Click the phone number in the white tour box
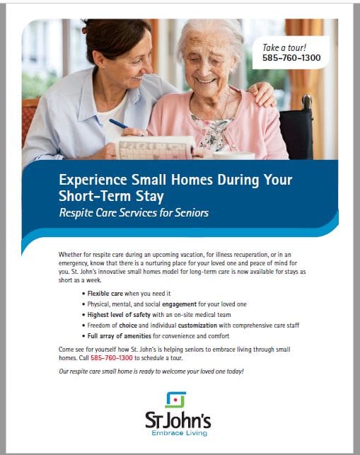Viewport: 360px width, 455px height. click(291, 58)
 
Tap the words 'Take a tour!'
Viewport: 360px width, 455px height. click(284, 47)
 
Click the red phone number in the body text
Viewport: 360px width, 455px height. click(111, 358)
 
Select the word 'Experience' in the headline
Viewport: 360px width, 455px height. click(93, 180)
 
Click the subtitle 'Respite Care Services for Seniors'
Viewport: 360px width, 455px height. click(134, 213)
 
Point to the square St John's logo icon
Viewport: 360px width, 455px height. click(175, 400)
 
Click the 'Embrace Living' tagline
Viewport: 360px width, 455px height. click(179, 433)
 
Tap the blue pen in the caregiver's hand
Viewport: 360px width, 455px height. click(118, 124)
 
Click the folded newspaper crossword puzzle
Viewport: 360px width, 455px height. click(155, 148)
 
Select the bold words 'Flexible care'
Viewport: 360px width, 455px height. click(105, 294)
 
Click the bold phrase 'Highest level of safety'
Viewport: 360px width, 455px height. click(119, 315)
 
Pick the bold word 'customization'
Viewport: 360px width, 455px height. click(197, 326)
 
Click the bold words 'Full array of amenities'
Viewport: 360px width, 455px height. click(120, 336)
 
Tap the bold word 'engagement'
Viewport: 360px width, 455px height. click(179, 304)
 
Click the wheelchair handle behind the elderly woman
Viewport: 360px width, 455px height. click(306, 102)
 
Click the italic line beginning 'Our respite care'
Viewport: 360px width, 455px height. click(151, 372)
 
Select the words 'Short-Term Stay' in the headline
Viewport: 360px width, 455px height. click(111, 196)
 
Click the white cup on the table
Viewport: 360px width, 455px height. click(234, 156)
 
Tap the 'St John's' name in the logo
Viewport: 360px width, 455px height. click(178, 420)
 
